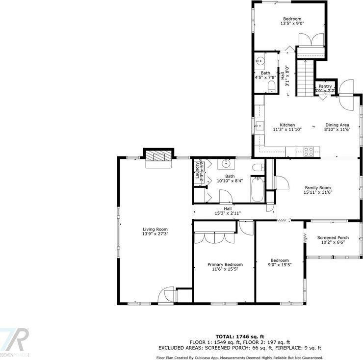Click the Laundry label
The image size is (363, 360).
[198, 172]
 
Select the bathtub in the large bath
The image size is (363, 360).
[258, 190]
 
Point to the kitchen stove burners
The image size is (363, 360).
[309, 152]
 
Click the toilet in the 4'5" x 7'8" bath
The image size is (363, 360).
[271, 87]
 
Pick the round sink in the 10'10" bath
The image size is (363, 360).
[227, 163]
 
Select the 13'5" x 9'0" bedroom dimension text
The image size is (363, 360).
[292, 23]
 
